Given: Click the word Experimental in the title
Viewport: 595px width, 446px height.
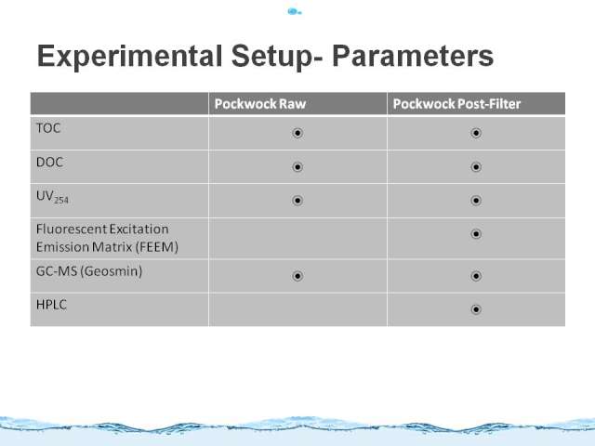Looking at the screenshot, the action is (x=129, y=56).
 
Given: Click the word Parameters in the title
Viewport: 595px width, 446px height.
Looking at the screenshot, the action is (x=413, y=56).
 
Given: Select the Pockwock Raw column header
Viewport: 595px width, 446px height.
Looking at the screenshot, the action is (x=260, y=104).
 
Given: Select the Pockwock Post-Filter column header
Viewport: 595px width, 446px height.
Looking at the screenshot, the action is (x=456, y=104).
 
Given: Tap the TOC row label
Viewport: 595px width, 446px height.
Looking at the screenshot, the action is (x=48, y=128).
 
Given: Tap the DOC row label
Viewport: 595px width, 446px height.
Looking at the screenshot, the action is (x=49, y=163).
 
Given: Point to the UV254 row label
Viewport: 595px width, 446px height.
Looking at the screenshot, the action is (x=52, y=197).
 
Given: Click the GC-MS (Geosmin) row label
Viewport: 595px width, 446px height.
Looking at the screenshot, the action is (x=89, y=271).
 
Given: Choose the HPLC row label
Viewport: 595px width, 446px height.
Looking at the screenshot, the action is (x=51, y=305).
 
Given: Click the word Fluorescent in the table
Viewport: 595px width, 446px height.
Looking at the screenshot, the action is (x=72, y=230).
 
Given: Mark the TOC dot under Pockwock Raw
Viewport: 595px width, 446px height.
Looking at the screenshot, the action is (x=297, y=133).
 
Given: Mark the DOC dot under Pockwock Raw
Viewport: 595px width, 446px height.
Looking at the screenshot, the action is (x=297, y=167).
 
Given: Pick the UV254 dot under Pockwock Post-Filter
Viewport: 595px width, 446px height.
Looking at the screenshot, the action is (x=476, y=201).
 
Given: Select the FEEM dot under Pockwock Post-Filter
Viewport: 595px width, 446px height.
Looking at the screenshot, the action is (x=476, y=234).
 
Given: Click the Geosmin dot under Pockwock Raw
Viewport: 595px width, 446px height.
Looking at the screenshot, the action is (x=297, y=276).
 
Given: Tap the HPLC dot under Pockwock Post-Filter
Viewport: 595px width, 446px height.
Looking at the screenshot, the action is (x=476, y=309).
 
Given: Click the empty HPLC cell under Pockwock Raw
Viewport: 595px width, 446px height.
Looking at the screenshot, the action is (x=297, y=309).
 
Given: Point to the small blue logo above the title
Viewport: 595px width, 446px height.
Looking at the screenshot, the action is (x=295, y=12).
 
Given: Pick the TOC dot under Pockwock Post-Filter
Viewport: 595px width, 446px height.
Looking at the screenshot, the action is (x=476, y=133).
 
